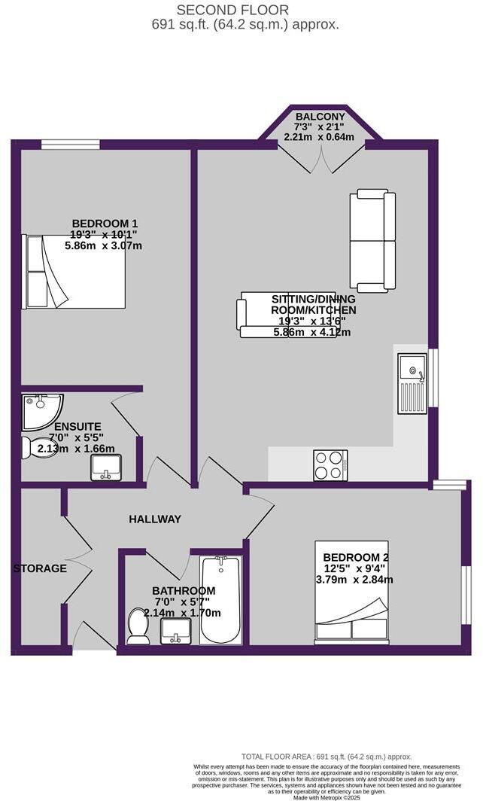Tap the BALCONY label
tap(320, 117)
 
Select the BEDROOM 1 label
tap(105, 223)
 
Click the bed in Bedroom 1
tap(74, 271)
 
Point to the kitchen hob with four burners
tap(330, 464)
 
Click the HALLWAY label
tap(155, 519)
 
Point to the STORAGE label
tap(40, 568)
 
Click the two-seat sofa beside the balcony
tap(372, 242)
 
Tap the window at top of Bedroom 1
tap(70, 144)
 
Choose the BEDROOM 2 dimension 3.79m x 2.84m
tap(355, 580)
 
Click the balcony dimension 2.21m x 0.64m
tap(320, 137)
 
